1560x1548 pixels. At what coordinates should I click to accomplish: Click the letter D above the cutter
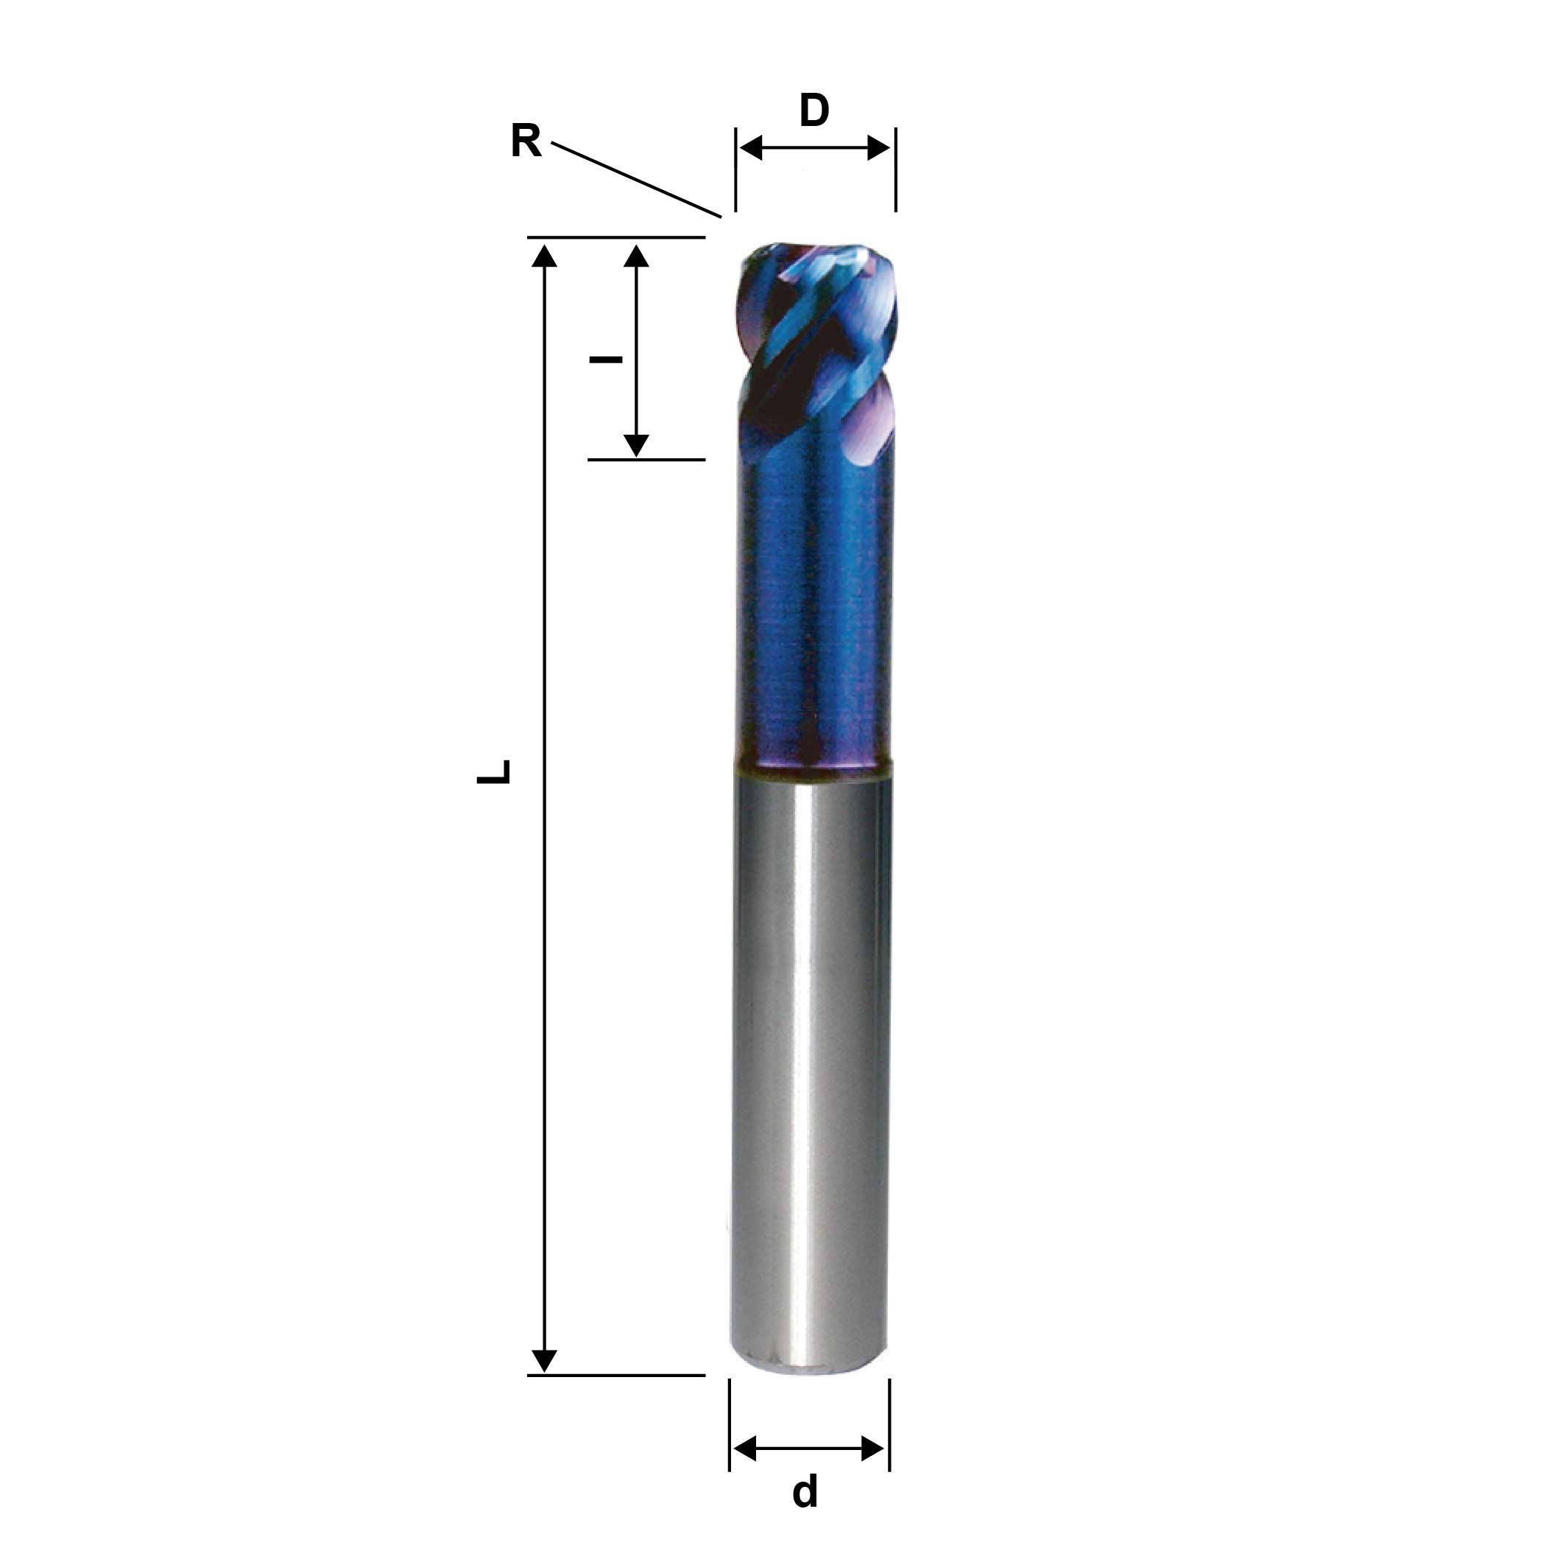814,111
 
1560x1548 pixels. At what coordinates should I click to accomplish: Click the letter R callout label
526,141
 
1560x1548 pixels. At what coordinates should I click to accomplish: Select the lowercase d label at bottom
805,1491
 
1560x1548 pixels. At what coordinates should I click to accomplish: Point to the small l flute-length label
606,359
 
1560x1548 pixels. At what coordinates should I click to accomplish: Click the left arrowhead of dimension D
751,148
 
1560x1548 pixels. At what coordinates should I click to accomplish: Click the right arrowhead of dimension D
879,148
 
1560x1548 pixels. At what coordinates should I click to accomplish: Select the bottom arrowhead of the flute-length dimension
636,444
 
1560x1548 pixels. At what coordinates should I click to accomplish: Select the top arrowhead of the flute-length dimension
636,256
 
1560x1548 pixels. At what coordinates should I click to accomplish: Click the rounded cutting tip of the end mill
816,259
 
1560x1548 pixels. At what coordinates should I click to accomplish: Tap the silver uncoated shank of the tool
810,1051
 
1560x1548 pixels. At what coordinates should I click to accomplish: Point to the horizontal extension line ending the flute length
646,460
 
